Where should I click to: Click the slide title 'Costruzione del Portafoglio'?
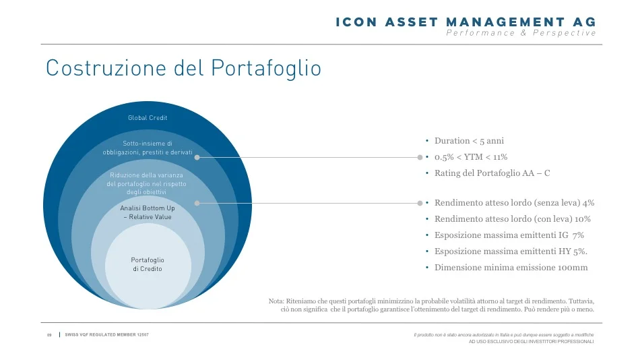183,68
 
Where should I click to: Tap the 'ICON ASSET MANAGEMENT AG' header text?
466,22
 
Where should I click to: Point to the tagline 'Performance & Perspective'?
521,33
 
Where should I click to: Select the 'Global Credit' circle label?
148,118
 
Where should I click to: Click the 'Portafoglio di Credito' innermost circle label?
148,264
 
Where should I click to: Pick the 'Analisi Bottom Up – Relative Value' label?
148,212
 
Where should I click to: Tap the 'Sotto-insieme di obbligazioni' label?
148,148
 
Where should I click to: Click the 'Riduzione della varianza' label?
148,183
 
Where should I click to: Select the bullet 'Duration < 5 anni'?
469,141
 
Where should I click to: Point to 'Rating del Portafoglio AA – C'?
492,173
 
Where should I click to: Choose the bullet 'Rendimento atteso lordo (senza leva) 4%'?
514,203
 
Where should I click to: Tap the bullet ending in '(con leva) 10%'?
512,219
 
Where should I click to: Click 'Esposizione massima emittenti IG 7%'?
509,235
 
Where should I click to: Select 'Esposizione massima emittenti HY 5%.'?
511,251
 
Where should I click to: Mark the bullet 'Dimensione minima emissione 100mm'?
511,268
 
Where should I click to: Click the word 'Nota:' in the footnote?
276,301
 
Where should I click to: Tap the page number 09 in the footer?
49,335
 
